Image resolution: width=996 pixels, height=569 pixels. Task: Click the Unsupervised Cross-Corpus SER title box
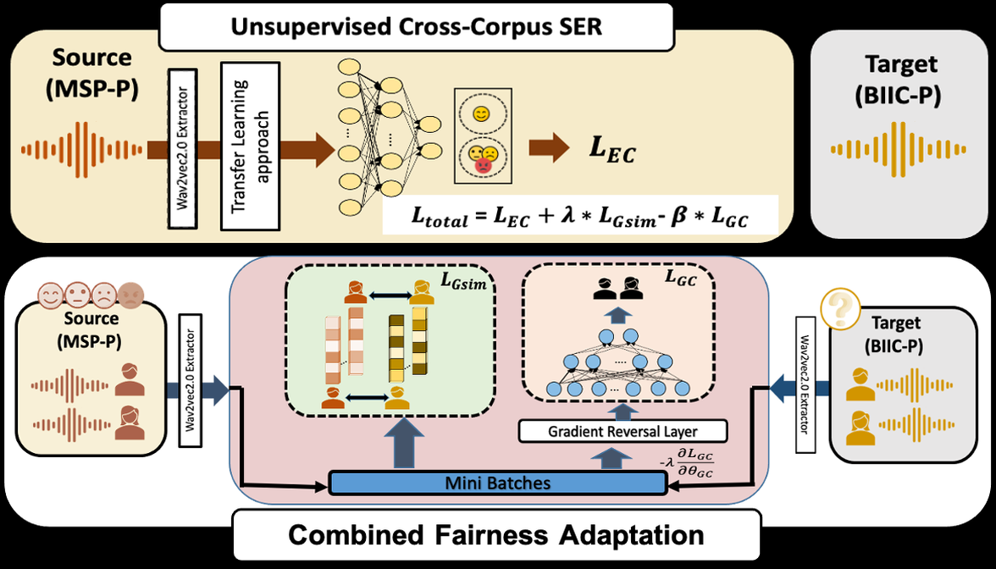pyautogui.click(x=418, y=26)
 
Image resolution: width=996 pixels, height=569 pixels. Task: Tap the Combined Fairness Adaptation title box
pyautogui.click(x=496, y=535)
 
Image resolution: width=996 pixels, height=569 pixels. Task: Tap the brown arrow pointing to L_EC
pyautogui.click(x=549, y=149)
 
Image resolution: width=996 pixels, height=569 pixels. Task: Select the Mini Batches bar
pyautogui.click(x=497, y=483)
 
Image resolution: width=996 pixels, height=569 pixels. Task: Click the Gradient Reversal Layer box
pyautogui.click(x=623, y=432)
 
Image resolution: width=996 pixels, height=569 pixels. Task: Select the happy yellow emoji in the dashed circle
pyautogui.click(x=480, y=113)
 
